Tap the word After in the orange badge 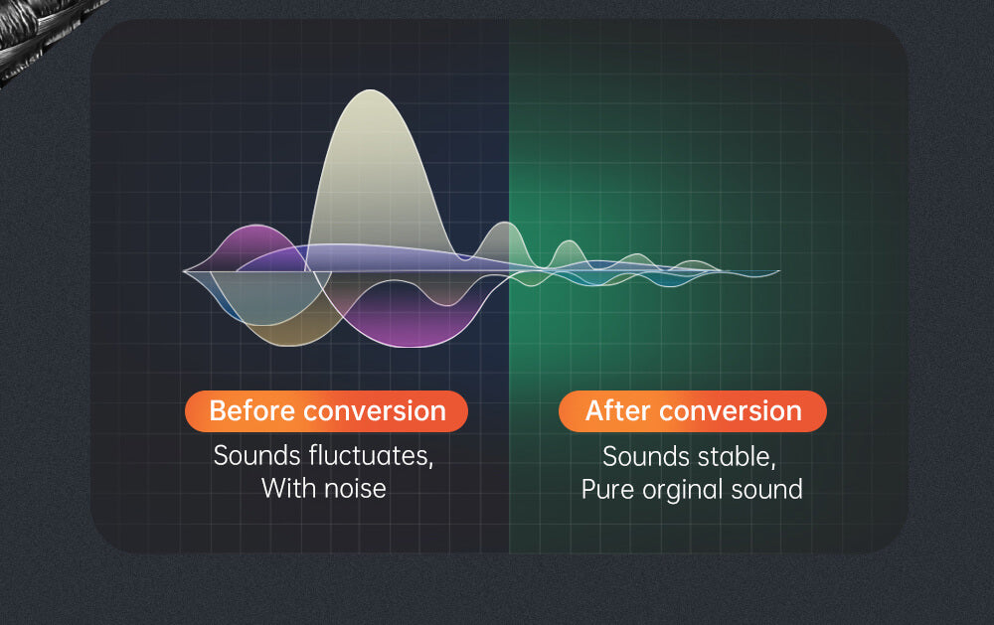click(617, 410)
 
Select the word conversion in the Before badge click(376, 410)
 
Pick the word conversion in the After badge click(731, 410)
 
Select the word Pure click(607, 490)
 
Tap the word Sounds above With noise click(256, 456)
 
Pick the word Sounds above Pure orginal click(647, 457)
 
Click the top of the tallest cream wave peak click(371, 90)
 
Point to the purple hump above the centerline click(256, 244)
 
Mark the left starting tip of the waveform click(183, 271)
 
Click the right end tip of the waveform click(779, 272)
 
